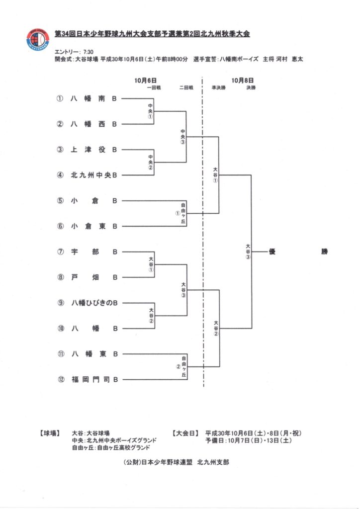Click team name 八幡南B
click(94, 98)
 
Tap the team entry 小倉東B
click(94, 226)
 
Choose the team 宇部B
click(94, 252)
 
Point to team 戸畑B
click(94, 277)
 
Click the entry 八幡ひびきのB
click(94, 303)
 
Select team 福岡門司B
click(94, 380)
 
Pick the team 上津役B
click(94, 149)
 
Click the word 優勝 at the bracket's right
click(298, 252)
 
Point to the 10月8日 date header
click(242, 80)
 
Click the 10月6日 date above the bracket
click(145, 80)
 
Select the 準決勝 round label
click(218, 87)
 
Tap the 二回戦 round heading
click(186, 87)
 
